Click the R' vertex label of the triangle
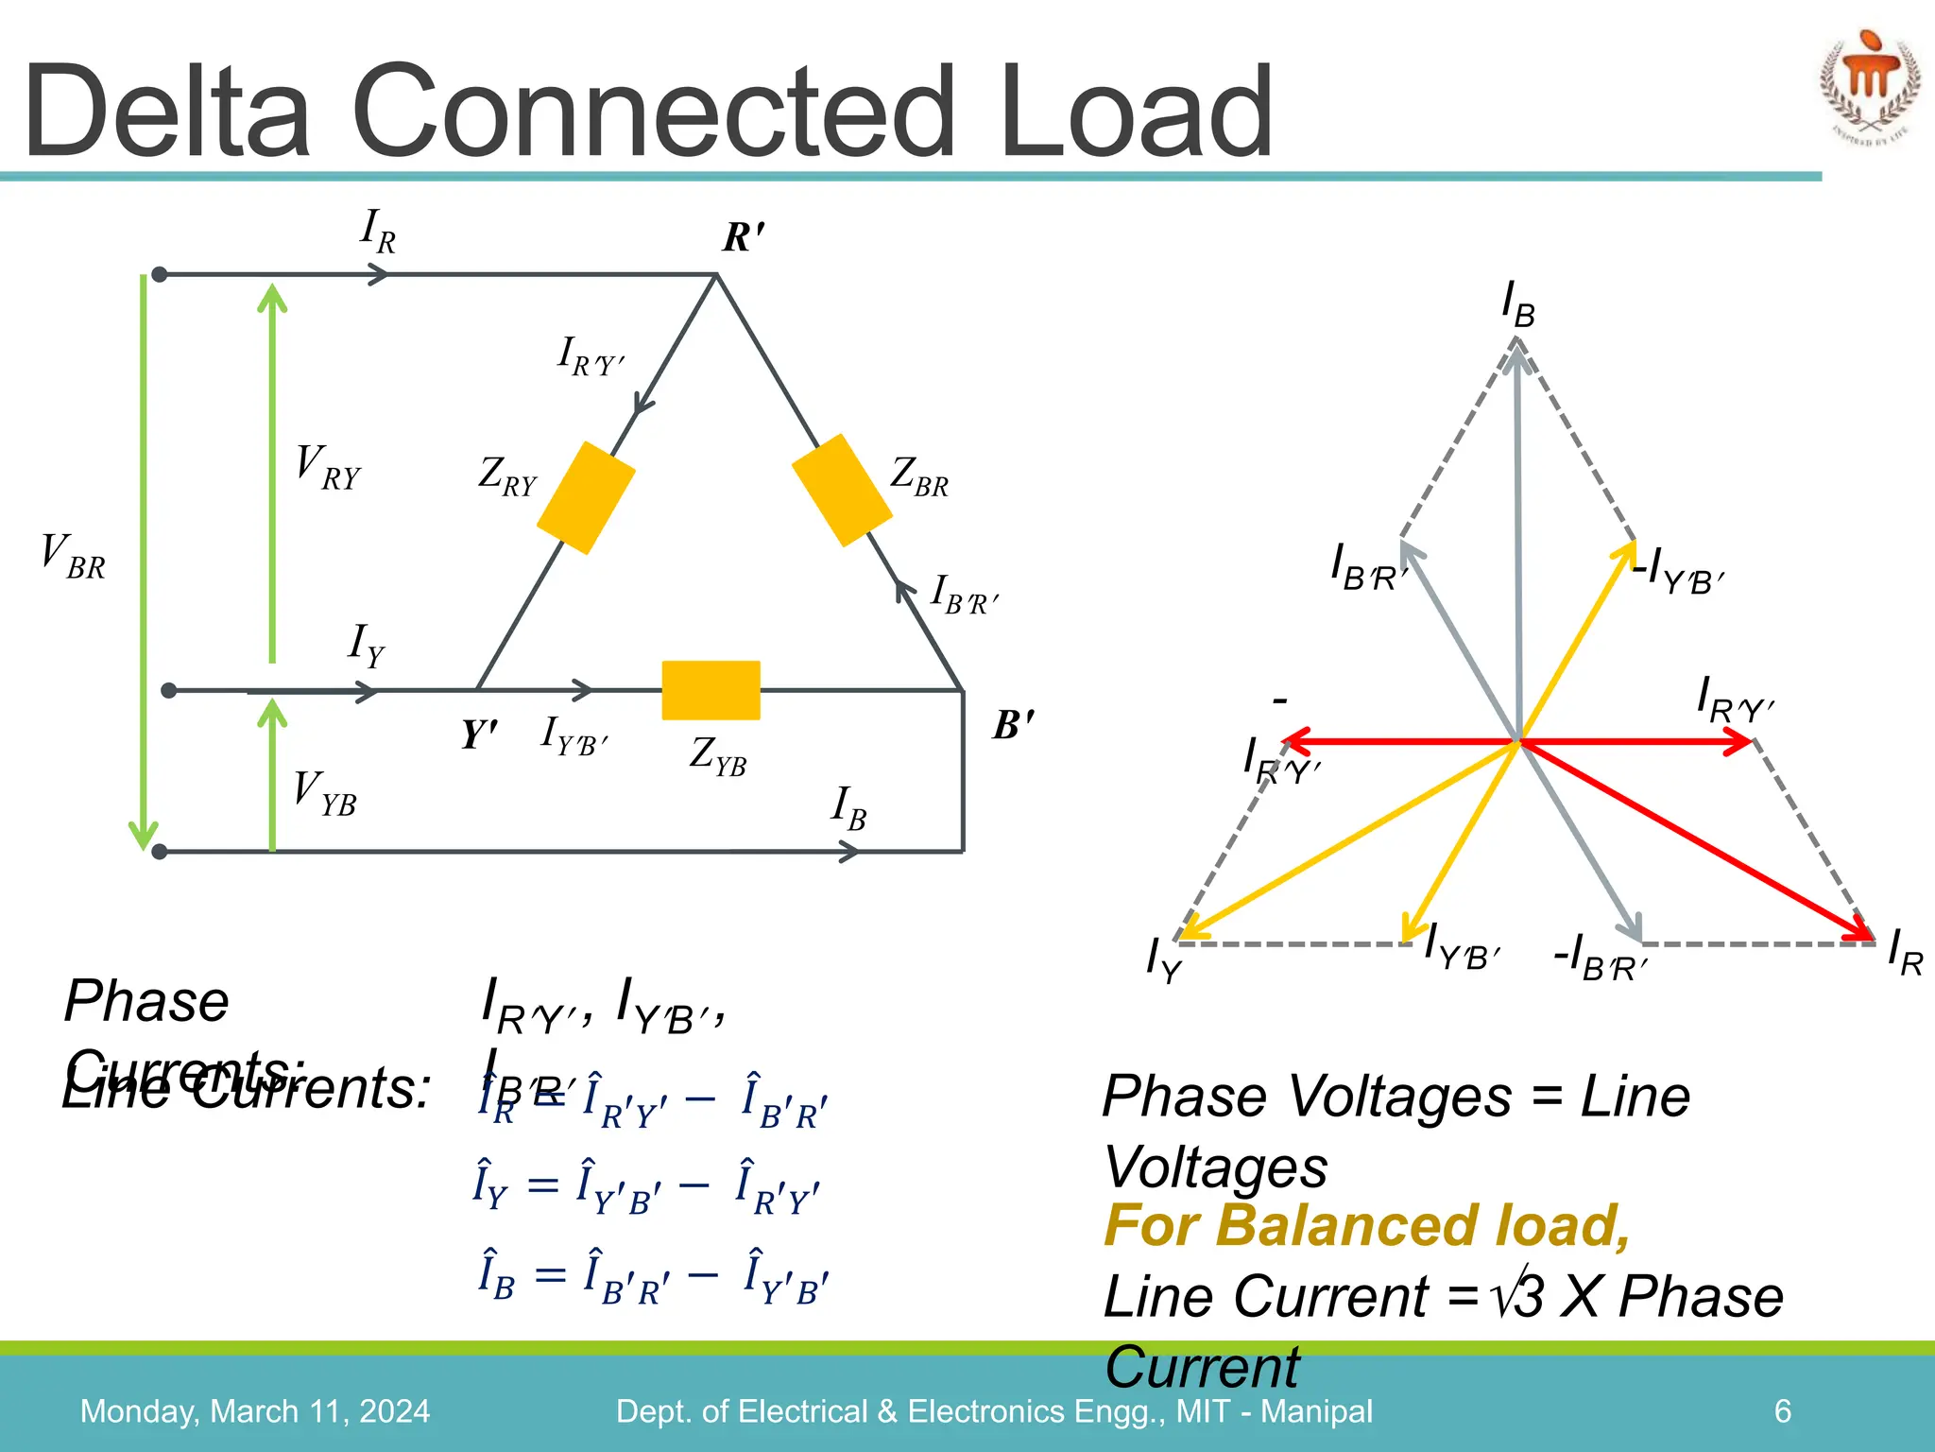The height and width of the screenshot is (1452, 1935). pos(744,237)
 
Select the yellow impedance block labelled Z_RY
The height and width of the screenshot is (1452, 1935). pos(586,497)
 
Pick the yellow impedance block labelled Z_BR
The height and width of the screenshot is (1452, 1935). pos(842,490)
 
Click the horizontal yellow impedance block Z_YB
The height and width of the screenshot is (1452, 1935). pos(711,690)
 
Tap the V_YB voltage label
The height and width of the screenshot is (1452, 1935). pos(324,793)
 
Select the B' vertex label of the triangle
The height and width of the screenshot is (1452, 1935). pos(1014,725)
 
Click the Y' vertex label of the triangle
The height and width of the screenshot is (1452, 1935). pos(479,735)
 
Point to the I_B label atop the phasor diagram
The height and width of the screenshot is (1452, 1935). pos(1518,305)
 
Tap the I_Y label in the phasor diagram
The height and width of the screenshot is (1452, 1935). pos(1163,960)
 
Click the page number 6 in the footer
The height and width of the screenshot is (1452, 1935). pos(1783,1411)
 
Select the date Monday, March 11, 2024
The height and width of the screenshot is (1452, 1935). pos(255,1411)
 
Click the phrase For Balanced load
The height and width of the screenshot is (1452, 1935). pos(1366,1226)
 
